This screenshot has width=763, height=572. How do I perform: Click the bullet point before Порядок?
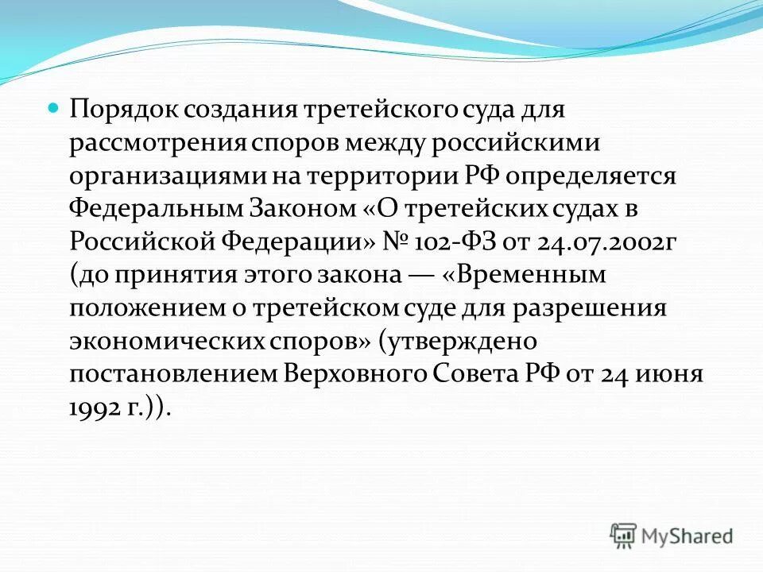point(54,106)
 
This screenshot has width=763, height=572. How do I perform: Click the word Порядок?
point(123,108)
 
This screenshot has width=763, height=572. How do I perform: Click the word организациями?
point(166,176)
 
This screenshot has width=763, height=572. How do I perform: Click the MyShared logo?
point(672,535)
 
